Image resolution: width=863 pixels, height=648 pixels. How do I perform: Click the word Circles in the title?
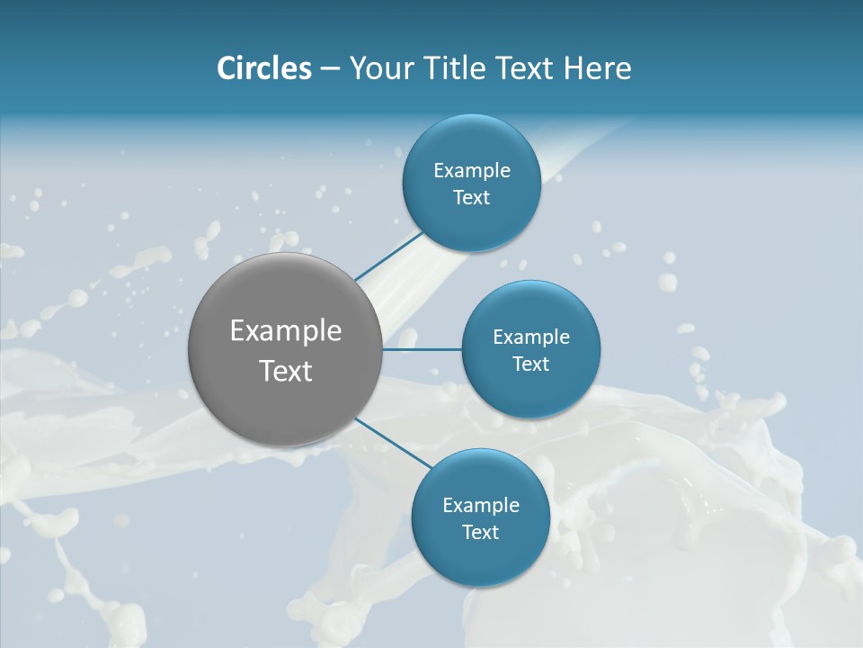(x=264, y=68)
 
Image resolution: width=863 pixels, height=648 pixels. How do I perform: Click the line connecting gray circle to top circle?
(x=388, y=255)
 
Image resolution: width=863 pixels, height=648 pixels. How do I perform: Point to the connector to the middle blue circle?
(x=423, y=349)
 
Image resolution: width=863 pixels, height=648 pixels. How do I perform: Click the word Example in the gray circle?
(x=286, y=331)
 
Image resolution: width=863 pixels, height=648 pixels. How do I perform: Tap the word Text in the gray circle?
(x=286, y=371)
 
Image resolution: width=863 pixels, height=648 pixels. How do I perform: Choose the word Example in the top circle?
(x=472, y=170)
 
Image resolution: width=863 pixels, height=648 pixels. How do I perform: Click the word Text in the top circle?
(x=471, y=198)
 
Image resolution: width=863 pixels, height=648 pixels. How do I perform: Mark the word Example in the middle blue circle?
(x=531, y=337)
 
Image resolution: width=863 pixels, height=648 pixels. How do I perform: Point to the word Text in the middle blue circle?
(x=531, y=364)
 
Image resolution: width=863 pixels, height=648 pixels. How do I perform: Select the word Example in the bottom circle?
(x=481, y=505)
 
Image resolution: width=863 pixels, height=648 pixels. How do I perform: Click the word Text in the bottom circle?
(x=480, y=533)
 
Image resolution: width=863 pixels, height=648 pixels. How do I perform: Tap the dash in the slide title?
(x=330, y=69)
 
